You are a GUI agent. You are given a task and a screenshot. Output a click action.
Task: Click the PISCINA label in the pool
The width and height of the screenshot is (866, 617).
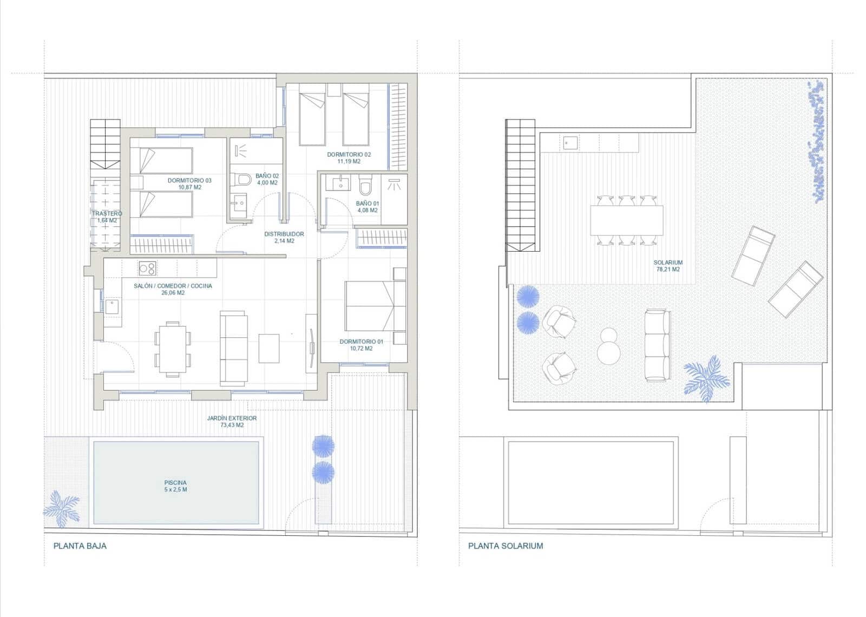175,482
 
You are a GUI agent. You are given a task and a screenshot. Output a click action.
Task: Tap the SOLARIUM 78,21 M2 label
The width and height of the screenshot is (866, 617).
668,266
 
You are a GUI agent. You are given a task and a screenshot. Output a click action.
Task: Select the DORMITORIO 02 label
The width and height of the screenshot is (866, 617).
349,154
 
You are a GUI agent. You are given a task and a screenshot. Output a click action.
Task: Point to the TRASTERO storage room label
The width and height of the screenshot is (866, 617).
107,213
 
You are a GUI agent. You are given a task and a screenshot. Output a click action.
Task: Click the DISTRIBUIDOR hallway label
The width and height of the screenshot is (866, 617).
284,234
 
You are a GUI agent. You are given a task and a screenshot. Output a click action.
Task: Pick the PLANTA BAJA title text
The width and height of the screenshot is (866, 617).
80,546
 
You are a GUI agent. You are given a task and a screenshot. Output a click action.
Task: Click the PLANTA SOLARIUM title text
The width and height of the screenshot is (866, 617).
506,546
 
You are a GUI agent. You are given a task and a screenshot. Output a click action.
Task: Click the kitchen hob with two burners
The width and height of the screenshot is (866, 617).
147,268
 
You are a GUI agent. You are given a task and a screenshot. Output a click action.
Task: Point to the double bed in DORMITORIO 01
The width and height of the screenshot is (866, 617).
375,306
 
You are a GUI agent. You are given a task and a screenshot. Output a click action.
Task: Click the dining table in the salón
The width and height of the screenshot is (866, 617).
173,349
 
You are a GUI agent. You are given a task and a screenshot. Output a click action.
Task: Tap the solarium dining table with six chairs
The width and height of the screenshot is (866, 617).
626,220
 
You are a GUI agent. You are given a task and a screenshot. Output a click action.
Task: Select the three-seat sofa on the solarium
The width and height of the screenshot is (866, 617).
657,345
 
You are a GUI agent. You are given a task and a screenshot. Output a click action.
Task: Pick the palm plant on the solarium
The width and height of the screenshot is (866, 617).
706,378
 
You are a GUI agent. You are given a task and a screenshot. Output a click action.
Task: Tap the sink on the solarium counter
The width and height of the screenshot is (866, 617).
570,143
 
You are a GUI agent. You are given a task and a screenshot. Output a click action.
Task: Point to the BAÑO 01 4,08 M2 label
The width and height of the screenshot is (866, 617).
368,207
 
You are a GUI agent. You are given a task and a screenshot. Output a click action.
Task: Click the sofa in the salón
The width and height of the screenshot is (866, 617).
234,349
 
